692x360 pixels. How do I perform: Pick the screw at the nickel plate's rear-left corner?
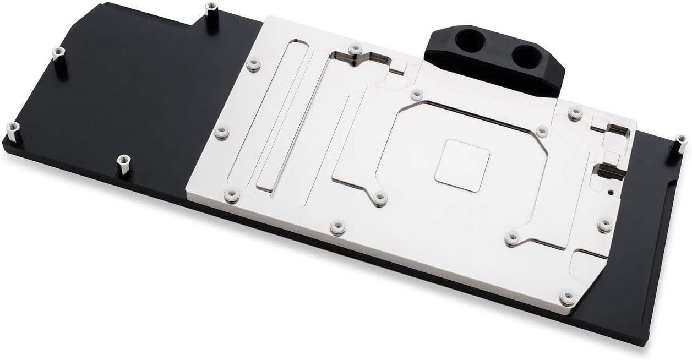253,64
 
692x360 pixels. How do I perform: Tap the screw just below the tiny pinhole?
604,225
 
